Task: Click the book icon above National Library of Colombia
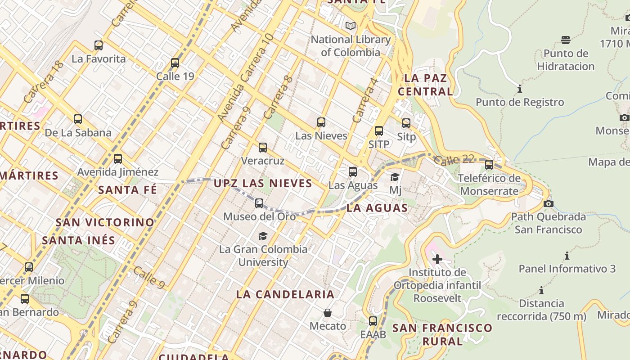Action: point(351,26)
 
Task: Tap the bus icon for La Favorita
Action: point(99,45)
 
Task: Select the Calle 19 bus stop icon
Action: point(175,63)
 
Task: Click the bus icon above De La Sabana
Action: point(78,119)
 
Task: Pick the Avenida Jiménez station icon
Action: point(118,159)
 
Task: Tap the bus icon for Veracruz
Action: point(263,148)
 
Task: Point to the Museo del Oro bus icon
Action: point(259,203)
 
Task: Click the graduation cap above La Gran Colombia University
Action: point(263,236)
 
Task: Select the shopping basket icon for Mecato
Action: point(328,313)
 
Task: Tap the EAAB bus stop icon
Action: point(373,321)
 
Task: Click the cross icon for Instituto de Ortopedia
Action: point(437,259)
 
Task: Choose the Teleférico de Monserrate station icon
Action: point(489,165)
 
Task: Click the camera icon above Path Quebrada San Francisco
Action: point(548,203)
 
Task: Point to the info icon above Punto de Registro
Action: point(520,89)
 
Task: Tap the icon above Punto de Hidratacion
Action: point(566,40)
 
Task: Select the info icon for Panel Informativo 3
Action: point(567,256)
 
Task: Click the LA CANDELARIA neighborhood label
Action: point(285,295)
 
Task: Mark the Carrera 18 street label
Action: point(43,81)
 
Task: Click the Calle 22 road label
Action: point(454,159)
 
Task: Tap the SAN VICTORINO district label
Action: point(105,222)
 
